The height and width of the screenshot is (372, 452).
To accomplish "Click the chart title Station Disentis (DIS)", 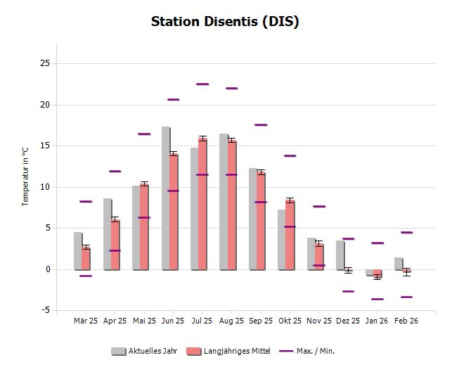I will click(225, 21).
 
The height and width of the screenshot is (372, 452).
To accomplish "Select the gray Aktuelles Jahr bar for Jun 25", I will click(165, 198).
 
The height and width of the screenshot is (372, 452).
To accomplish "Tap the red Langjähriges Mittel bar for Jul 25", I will click(202, 204).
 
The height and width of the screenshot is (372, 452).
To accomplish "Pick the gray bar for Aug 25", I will click(224, 201).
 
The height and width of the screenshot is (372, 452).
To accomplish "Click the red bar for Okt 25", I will click(290, 235).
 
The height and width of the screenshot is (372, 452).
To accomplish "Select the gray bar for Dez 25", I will click(340, 255).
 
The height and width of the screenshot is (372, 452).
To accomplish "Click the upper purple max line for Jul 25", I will click(202, 84).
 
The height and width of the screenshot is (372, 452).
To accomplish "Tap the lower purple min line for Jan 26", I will click(377, 299).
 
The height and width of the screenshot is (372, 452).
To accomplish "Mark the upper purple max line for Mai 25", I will click(144, 134).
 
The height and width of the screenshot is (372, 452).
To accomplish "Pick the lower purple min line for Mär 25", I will click(86, 276).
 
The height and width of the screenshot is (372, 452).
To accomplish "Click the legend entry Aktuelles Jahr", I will click(144, 350).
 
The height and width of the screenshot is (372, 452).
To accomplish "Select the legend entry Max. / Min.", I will click(312, 350).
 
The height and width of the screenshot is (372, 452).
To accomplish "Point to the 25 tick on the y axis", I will click(44, 63).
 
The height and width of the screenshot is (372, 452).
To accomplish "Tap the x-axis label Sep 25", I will click(261, 321).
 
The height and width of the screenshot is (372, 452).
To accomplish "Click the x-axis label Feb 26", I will click(406, 321).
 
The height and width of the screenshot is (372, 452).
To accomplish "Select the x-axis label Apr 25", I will click(115, 321).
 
